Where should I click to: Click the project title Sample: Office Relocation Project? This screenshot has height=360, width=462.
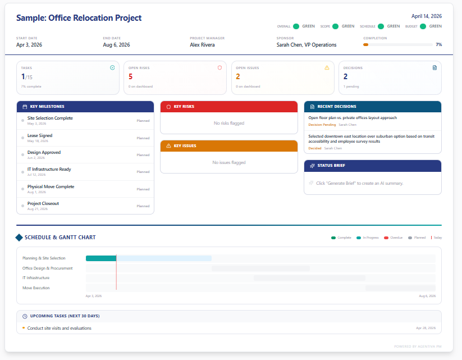(x=79, y=18)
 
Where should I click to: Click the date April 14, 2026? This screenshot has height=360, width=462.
(x=426, y=16)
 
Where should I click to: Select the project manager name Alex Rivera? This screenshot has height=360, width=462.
(x=202, y=45)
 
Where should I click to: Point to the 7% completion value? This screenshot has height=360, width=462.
(x=438, y=44)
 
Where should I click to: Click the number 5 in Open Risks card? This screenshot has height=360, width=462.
(x=131, y=77)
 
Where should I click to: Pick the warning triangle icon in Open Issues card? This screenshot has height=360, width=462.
(x=327, y=67)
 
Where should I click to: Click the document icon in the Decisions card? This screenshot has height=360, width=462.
(x=434, y=67)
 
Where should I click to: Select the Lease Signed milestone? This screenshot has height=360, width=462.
(x=40, y=135)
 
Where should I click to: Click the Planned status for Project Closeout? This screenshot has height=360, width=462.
(x=143, y=206)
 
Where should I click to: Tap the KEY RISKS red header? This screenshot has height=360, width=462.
(x=228, y=106)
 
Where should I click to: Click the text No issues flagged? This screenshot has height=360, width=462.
(x=228, y=162)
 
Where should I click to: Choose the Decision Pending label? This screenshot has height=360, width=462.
(x=322, y=125)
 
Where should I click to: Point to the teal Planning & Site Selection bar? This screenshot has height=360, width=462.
(x=100, y=258)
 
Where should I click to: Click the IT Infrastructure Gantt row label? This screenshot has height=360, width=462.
(x=36, y=278)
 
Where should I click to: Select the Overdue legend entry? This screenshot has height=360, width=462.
(x=394, y=238)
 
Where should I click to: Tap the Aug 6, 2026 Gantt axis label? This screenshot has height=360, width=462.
(x=427, y=295)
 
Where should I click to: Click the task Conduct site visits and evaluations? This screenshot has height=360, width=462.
(x=59, y=328)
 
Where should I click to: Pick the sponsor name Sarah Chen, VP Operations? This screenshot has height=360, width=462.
(x=307, y=45)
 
